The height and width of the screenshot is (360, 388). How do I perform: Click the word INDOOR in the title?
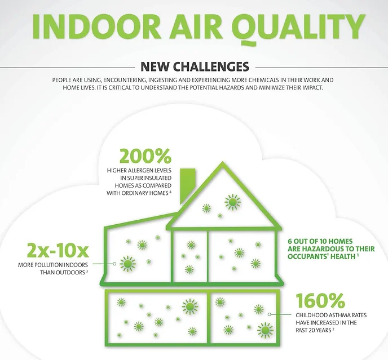click(x=96, y=26)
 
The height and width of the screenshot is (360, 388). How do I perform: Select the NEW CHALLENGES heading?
click(x=195, y=66)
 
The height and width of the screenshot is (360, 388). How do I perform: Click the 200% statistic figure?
click(x=145, y=156)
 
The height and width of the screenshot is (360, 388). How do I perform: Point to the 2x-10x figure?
click(x=58, y=250)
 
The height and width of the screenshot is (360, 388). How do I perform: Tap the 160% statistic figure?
click(x=320, y=300)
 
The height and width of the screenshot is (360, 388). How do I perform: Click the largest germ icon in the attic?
click(x=232, y=202)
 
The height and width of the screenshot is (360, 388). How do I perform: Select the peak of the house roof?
click(x=222, y=163)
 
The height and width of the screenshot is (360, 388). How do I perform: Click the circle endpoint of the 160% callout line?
click(x=270, y=314)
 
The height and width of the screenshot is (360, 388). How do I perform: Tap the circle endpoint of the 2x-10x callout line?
click(x=114, y=264)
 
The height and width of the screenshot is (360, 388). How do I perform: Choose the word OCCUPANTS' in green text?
click(x=308, y=256)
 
